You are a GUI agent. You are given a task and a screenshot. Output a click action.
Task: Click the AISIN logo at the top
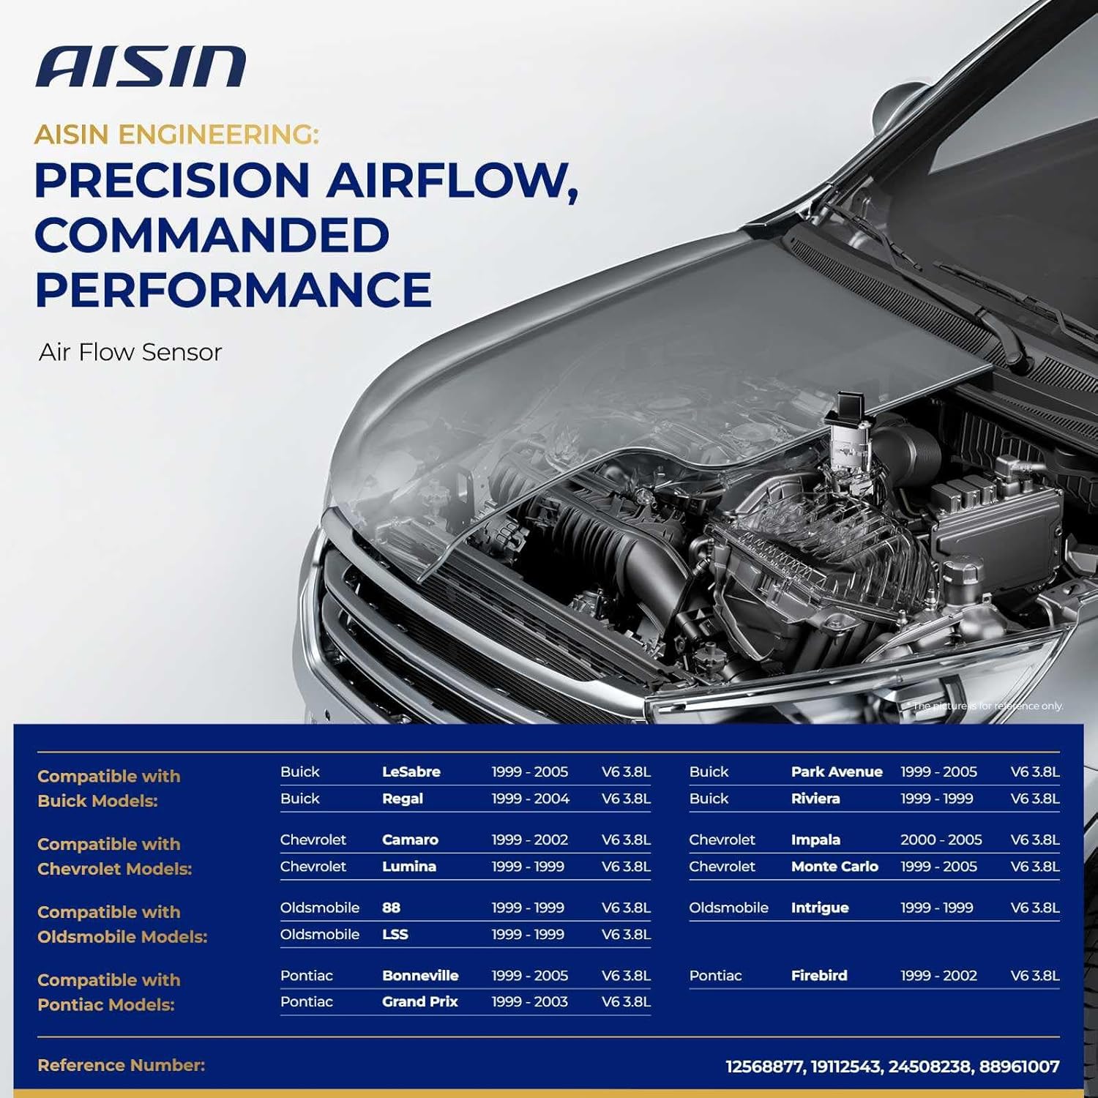141,67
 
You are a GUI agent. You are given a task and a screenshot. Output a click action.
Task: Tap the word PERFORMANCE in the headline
233,290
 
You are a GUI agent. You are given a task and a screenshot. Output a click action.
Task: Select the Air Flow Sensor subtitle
130,352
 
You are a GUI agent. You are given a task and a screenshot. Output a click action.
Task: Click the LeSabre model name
411,772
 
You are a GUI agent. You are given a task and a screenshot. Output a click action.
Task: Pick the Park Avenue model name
836,772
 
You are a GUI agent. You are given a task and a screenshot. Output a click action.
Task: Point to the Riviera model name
815,799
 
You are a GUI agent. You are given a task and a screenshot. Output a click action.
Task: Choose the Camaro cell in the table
410,840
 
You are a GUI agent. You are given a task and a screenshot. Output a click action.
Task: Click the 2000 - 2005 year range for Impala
941,840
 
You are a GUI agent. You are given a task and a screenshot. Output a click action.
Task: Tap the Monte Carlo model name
834,867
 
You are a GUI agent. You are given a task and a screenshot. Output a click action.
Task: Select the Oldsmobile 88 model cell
391,908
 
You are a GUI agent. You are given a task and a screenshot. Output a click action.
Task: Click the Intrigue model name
819,908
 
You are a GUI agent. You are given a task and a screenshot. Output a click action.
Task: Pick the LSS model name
395,935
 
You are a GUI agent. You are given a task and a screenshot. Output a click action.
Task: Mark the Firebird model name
818,976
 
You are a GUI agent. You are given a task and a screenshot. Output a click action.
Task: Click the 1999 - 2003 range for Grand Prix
529,1002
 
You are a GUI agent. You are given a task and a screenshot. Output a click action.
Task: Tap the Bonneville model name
419,976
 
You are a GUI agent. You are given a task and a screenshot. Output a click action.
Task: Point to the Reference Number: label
121,1065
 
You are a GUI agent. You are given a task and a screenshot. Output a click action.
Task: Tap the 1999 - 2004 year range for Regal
530,799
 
